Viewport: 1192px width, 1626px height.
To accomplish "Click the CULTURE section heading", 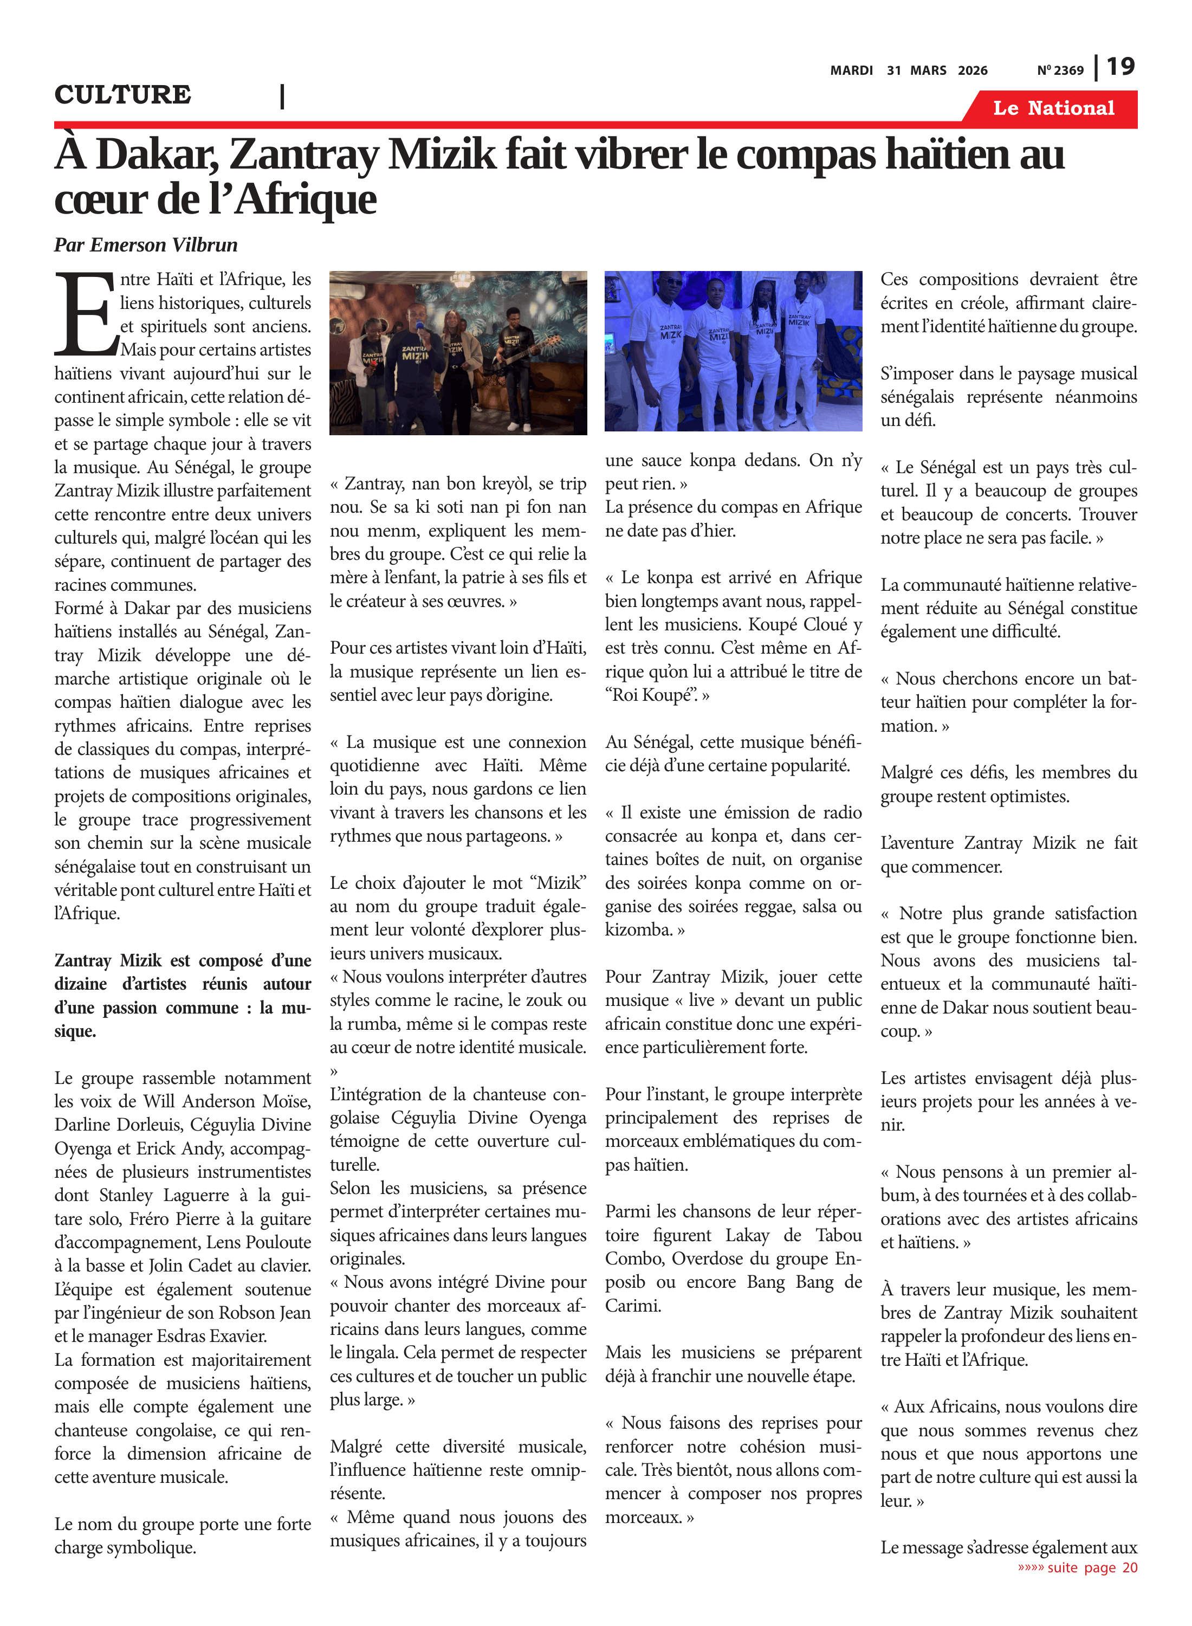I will point(122,94).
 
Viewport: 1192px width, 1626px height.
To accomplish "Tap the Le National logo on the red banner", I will point(1053,108).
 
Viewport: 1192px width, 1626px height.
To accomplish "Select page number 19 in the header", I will point(1120,67).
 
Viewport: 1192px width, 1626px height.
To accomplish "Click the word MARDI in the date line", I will point(851,70).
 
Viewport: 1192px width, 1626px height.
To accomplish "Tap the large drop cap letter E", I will point(85,315).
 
